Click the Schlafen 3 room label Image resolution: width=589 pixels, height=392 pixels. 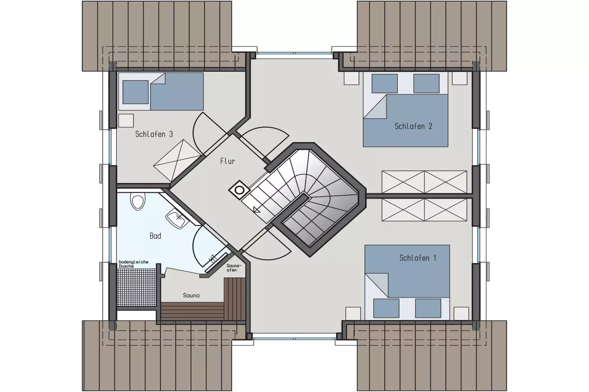point(154,134)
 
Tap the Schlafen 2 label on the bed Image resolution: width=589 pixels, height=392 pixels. point(413,126)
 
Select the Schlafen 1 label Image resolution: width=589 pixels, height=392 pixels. point(418,258)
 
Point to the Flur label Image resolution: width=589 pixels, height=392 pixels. point(227,161)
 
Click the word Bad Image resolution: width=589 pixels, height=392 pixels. point(155,236)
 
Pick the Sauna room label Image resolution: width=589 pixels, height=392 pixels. point(191,296)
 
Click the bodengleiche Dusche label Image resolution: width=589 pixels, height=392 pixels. point(133,264)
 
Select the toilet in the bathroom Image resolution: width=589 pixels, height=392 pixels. point(138,201)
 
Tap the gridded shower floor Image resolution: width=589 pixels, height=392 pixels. point(136,288)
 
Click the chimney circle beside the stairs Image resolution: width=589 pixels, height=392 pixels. point(239,190)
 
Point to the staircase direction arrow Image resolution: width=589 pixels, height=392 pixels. point(257,210)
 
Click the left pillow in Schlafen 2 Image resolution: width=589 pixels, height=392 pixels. point(384,84)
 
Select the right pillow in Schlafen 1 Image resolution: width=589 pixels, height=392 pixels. point(428,308)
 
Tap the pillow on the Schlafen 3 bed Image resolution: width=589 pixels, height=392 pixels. point(135,92)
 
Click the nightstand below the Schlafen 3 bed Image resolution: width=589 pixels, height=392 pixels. point(126,121)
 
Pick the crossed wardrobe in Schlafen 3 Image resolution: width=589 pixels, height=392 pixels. point(178,160)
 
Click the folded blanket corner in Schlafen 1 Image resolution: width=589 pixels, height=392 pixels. point(377,285)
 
